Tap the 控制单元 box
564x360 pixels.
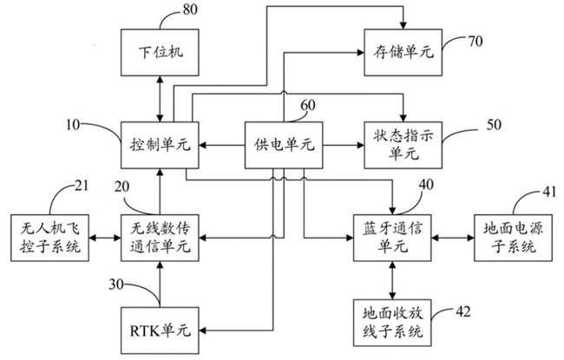pos(160,143)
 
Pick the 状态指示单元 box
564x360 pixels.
pos(401,143)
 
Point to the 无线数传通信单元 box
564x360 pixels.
pos(160,236)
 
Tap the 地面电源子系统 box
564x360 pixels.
pos(511,236)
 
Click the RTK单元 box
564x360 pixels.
pos(160,330)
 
